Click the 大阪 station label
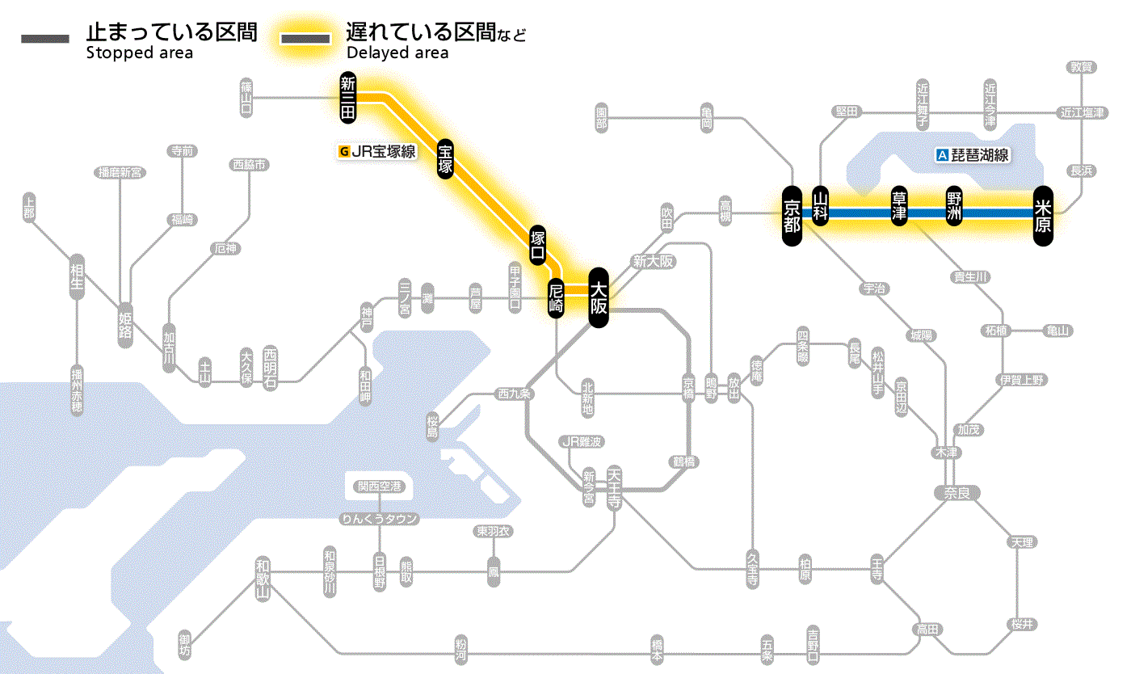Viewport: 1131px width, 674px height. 598,297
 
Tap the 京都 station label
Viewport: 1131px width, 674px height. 792,215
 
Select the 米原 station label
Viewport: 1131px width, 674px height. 1043,215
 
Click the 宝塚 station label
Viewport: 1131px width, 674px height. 446,158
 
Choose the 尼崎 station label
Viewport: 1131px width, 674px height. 556,297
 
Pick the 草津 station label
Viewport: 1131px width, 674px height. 899,207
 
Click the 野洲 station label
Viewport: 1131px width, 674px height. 955,207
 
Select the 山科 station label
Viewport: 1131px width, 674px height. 821,207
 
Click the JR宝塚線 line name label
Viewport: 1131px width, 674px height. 377,150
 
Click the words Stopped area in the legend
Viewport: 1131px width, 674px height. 140,53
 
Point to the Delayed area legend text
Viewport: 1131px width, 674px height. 397,53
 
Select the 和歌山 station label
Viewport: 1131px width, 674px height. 262,579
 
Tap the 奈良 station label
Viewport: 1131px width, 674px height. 957,492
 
